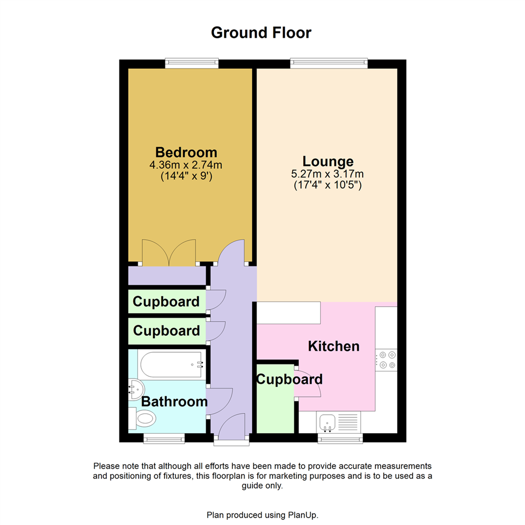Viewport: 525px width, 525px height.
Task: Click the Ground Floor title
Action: point(261,33)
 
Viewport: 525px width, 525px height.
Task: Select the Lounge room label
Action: point(328,161)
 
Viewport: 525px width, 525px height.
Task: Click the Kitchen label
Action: point(334,347)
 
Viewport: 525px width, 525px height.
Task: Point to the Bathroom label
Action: point(174,402)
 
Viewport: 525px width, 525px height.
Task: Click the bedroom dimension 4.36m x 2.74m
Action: point(186,165)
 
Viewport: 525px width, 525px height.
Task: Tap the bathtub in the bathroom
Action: point(170,364)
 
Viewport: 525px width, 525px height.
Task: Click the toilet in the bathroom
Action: point(142,417)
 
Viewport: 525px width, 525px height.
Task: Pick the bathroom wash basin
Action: point(135,389)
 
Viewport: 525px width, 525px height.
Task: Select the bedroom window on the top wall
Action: point(192,63)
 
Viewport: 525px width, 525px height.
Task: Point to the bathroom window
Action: point(164,438)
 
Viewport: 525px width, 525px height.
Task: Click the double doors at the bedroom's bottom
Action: point(169,253)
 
